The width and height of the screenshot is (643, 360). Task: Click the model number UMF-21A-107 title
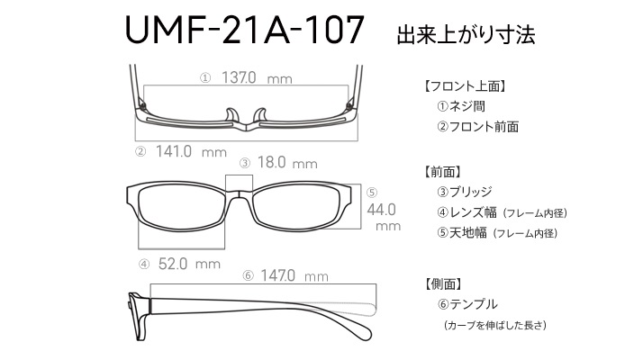tap(244, 30)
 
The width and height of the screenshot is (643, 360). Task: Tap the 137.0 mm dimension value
tap(239, 77)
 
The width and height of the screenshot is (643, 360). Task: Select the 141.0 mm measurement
tap(174, 152)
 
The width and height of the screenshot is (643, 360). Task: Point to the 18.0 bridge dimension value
tap(271, 162)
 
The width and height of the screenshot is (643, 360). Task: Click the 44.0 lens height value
tap(381, 210)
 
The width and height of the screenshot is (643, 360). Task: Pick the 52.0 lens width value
tap(173, 264)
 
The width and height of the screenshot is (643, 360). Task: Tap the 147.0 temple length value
tap(277, 275)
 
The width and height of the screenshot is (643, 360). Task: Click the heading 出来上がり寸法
tap(466, 35)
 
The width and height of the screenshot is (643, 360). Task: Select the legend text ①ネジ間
tap(461, 106)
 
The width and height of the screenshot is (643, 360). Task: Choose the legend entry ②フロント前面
tap(477, 127)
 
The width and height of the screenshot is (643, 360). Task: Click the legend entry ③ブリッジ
tap(464, 192)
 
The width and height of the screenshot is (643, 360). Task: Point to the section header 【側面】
tap(443, 283)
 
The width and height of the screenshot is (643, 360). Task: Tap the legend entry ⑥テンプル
tap(467, 304)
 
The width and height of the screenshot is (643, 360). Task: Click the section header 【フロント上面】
tap(465, 86)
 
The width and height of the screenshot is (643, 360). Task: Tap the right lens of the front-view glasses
tap(296, 208)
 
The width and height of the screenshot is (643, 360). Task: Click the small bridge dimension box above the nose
tap(239, 183)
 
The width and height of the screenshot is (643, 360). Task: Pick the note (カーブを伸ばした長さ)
tap(495, 326)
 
